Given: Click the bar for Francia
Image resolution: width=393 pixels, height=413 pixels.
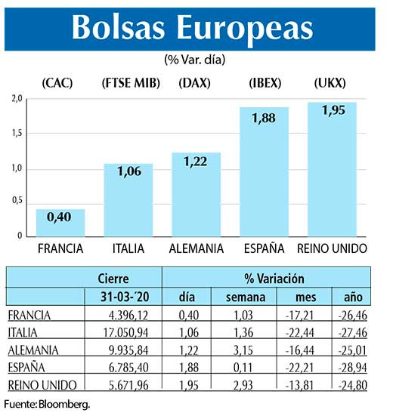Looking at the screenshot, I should tap(60, 223).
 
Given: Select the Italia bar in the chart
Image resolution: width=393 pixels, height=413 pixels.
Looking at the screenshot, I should tap(128, 200).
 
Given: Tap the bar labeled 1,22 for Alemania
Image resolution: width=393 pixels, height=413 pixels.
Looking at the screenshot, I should tap(196, 195).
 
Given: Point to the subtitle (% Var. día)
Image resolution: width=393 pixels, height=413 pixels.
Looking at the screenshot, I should tap(196, 58).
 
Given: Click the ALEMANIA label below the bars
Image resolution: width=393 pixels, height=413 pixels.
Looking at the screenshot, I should tap(196, 248).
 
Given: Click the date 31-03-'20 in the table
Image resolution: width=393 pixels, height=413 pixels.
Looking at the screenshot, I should tap(128, 297).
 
